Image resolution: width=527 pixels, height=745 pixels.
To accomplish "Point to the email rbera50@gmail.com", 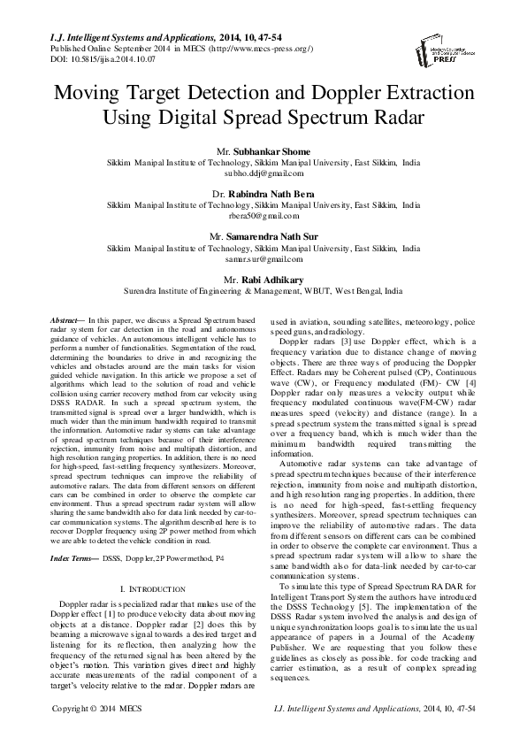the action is click(x=263, y=215).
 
